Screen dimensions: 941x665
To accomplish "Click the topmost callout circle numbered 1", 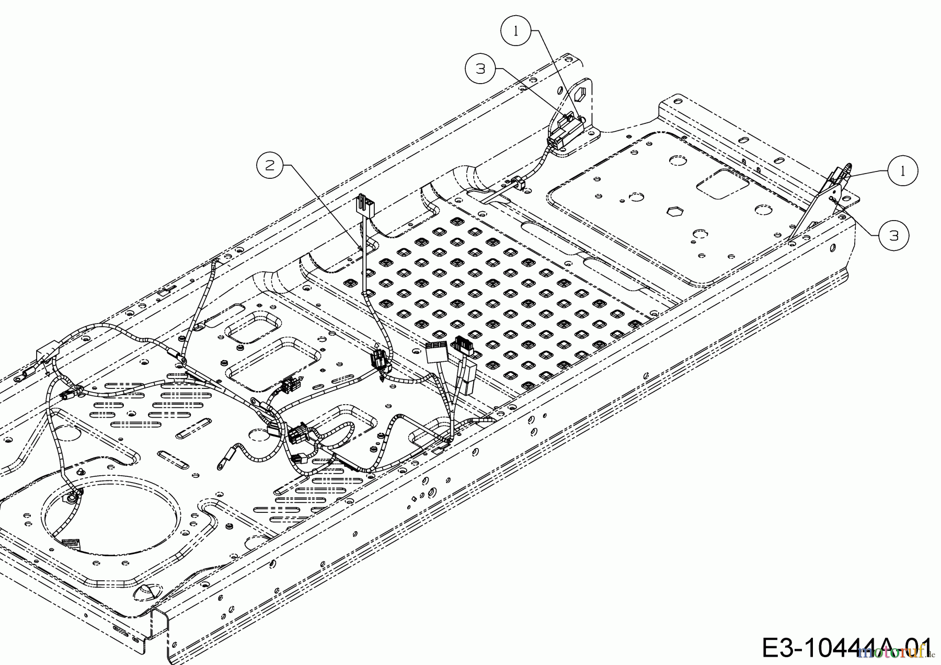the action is click(517, 31).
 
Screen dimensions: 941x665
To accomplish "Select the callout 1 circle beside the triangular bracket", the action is click(902, 170).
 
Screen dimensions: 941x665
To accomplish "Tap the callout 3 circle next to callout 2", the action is click(481, 68).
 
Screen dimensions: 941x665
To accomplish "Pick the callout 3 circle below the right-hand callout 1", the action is click(894, 236).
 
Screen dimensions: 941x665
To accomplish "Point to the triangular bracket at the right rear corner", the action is click(816, 209).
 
